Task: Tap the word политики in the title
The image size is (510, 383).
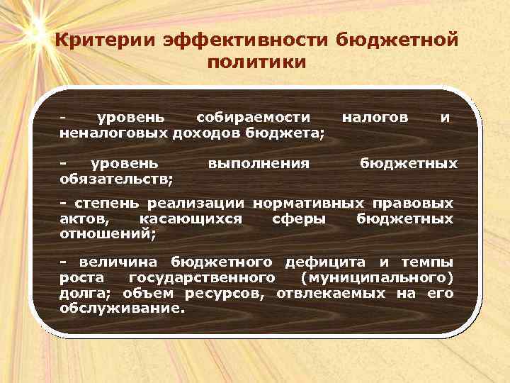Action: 257,62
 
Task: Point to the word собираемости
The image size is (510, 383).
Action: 253,117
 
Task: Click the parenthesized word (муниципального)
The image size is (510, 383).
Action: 377,277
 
